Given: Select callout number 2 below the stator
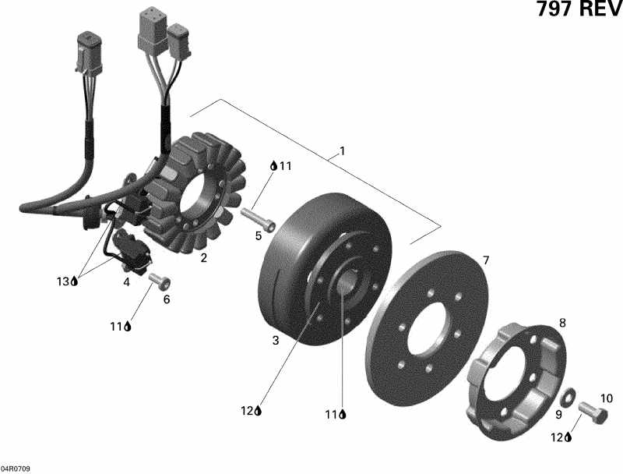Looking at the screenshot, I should pyautogui.click(x=203, y=258).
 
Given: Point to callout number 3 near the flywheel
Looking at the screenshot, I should pyautogui.click(x=275, y=340).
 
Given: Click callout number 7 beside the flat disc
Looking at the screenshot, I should pyautogui.click(x=485, y=260).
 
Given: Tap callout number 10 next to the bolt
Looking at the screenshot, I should pyautogui.click(x=607, y=398).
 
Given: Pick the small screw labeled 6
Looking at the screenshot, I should pyautogui.click(x=159, y=279).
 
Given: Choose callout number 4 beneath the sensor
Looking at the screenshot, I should pyautogui.click(x=125, y=282).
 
